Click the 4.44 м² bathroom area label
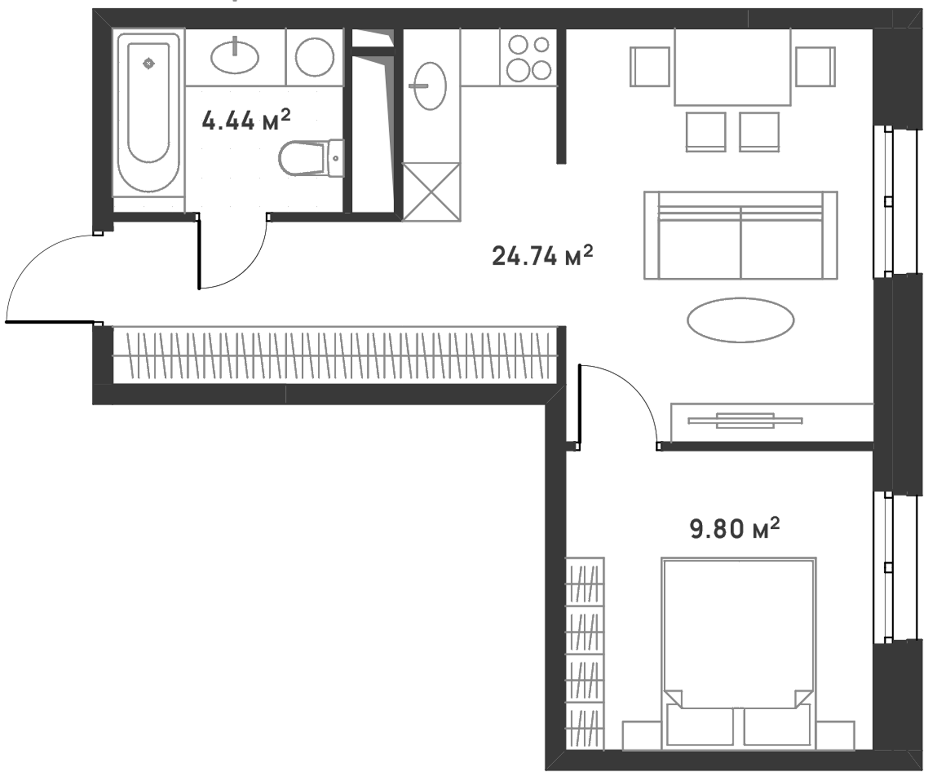246,120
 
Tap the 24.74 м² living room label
542,256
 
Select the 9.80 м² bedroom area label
735,529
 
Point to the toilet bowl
312,158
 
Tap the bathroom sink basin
235,57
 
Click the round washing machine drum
315,57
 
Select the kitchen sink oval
430,86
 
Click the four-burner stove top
529,57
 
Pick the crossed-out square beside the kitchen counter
431,192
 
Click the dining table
732,67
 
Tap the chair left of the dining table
650,67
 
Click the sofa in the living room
741,235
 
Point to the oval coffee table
741,320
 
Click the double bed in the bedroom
738,653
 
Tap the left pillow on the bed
700,727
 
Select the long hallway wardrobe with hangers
335,355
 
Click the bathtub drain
149,64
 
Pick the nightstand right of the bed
835,735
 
